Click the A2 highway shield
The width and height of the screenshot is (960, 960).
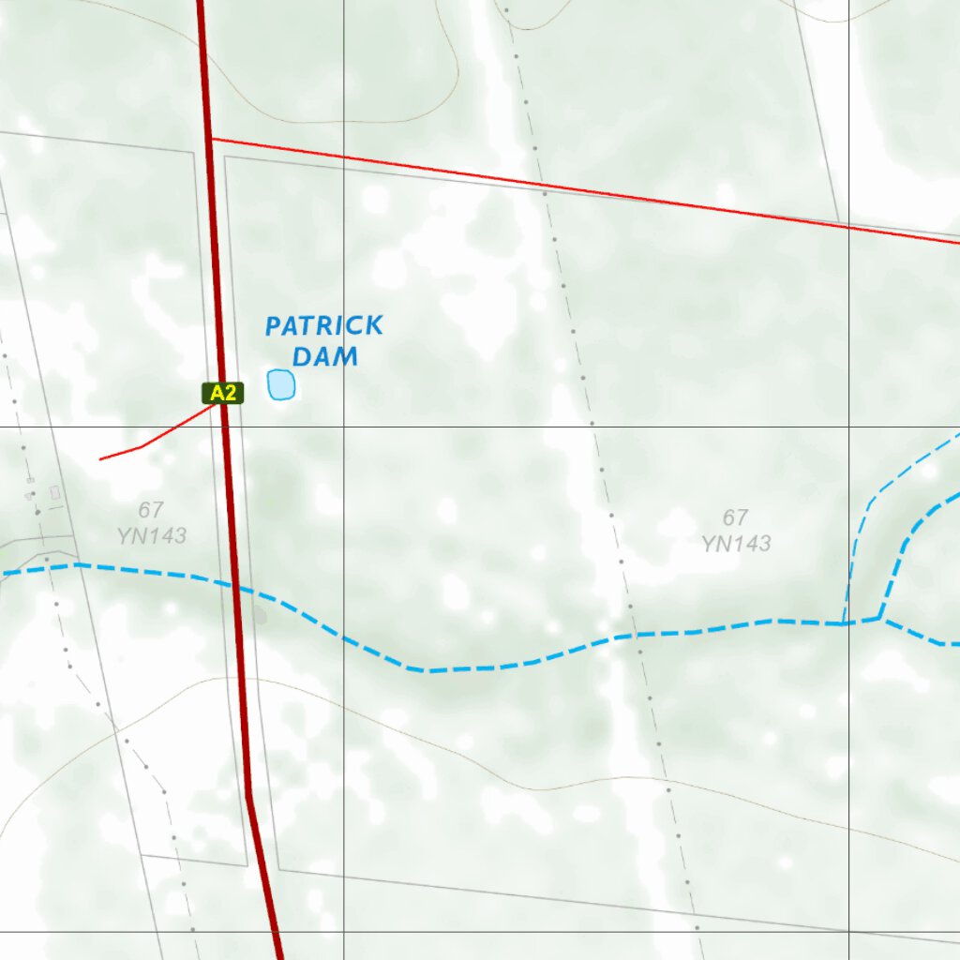(223, 394)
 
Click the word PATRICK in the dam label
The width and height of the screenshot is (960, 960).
(323, 326)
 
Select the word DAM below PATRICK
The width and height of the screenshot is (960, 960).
(325, 356)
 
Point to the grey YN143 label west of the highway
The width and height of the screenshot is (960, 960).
(152, 536)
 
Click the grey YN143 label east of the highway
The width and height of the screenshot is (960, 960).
(736, 543)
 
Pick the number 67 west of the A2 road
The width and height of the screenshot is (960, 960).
(150, 510)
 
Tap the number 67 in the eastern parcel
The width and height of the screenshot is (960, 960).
(735, 517)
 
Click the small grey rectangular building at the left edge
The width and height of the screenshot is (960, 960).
(55, 492)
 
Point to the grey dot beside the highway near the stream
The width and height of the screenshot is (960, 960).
(260, 616)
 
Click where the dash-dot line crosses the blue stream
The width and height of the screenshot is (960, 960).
(627, 636)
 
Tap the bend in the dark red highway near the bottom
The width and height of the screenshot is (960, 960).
(249, 797)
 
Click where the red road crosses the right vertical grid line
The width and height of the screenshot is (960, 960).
(848, 226)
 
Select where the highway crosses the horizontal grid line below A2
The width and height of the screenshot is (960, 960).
(225, 427)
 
